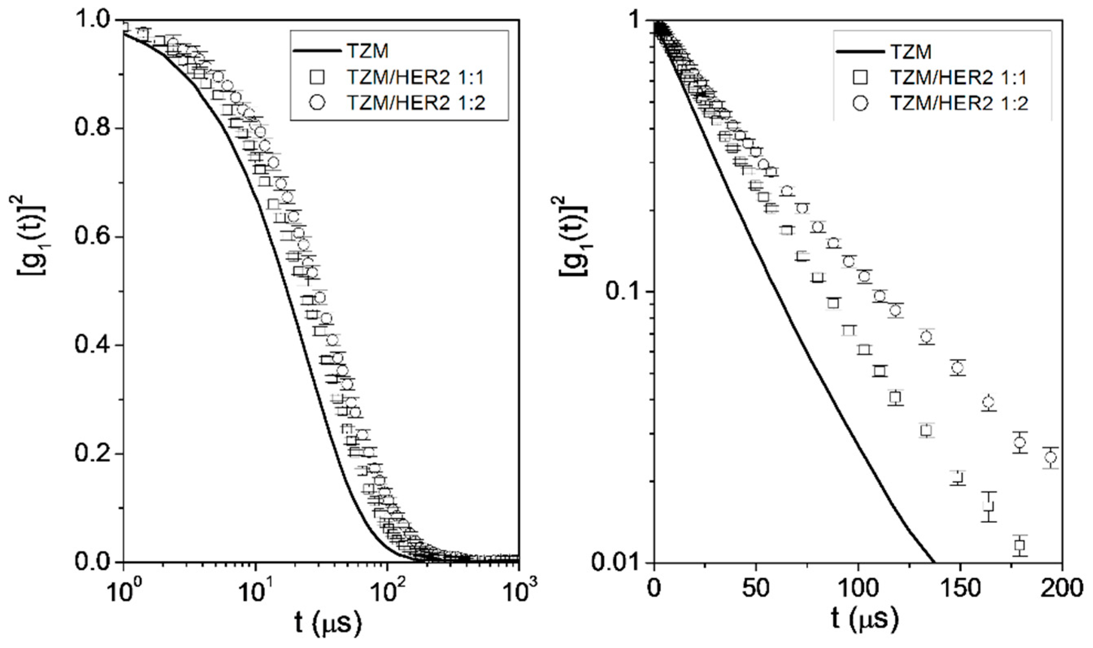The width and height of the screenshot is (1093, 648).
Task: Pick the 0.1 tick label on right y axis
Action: tap(624, 292)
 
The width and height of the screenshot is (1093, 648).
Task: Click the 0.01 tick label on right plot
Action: tap(618, 562)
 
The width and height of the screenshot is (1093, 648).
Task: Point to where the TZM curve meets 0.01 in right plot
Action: tap(934, 562)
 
